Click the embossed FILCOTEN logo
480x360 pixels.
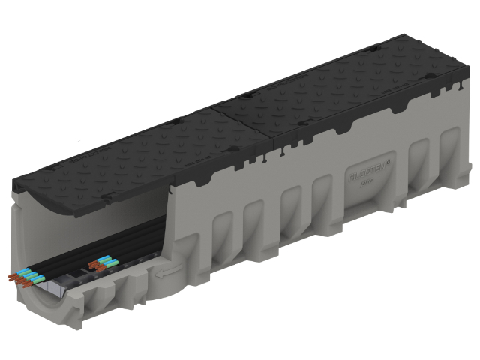pyautogui.click(x=367, y=178)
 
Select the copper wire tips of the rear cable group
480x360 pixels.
pyautogui.click(x=95, y=265)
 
